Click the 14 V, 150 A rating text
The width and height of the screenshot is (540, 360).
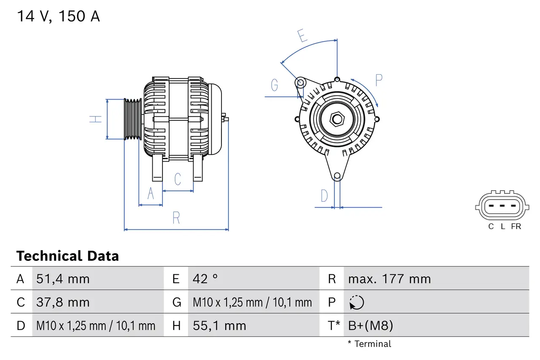click(x=58, y=16)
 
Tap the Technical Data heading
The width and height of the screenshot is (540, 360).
click(x=67, y=256)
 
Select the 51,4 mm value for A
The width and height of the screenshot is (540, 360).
click(x=63, y=279)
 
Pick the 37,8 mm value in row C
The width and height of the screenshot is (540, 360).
click(x=63, y=302)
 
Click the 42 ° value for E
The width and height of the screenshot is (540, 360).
click(x=205, y=279)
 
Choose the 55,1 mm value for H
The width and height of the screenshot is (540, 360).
click(x=219, y=325)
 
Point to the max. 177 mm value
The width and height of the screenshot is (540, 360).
click(x=389, y=279)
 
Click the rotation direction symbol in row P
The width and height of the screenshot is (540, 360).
click(x=356, y=302)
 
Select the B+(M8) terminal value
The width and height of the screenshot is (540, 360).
click(x=370, y=325)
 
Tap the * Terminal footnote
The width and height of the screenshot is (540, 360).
click(x=370, y=344)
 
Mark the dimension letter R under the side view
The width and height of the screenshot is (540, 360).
click(x=176, y=218)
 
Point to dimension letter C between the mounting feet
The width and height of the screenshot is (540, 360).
click(x=178, y=179)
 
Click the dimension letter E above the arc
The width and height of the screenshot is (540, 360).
click(x=302, y=36)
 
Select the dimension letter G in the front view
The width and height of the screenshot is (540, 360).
click(x=275, y=85)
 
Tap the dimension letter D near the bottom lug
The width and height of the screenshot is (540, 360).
click(x=324, y=196)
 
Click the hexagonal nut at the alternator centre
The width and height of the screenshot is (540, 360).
click(x=337, y=119)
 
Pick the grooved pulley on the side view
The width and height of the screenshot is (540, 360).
click(x=132, y=119)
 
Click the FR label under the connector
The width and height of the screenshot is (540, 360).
click(x=516, y=227)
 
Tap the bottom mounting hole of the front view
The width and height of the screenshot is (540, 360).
click(x=337, y=176)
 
